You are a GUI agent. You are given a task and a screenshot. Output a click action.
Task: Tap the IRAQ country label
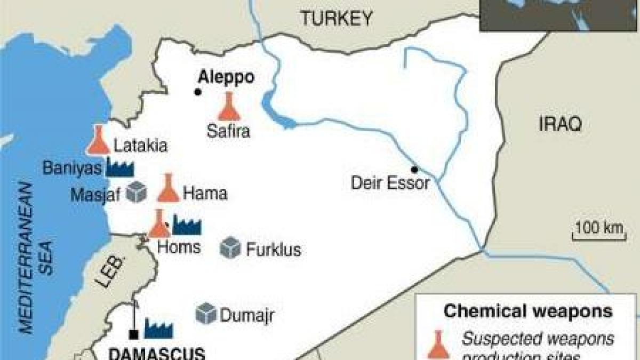click(559, 125)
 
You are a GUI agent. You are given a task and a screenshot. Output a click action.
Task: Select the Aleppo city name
click(226, 77)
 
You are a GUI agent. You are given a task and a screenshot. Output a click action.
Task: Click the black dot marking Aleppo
click(198, 92)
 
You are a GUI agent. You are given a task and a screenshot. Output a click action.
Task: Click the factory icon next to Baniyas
click(119, 167)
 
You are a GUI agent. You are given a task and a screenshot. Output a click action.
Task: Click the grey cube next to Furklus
click(230, 247)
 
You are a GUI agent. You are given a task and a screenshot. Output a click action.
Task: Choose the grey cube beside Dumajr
click(206, 314)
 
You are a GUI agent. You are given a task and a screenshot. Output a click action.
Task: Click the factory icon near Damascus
click(158, 327)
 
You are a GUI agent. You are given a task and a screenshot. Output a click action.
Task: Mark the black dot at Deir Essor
click(414, 170)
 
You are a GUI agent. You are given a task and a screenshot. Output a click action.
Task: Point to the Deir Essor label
click(390, 184)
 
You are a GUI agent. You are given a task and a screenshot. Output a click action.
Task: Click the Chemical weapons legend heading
click(528, 311)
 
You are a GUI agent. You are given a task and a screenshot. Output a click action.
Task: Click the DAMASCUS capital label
click(157, 353)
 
